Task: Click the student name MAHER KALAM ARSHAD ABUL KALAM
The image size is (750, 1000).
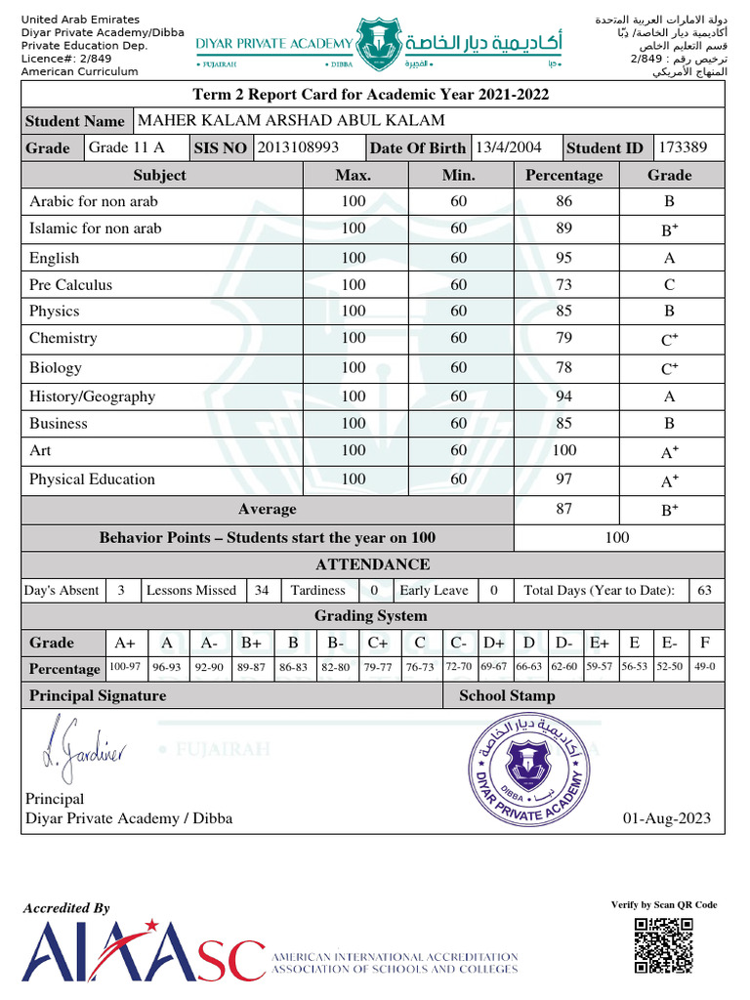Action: (291, 121)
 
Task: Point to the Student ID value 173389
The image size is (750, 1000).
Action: (689, 147)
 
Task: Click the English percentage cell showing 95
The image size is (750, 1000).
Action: (563, 258)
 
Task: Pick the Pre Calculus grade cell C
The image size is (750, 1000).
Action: (669, 285)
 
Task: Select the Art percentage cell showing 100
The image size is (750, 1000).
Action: (563, 450)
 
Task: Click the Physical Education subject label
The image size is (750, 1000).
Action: (92, 479)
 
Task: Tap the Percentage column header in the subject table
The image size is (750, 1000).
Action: (563, 176)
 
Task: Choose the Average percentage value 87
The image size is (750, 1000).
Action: (563, 509)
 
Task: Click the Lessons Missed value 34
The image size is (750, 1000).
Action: (261, 591)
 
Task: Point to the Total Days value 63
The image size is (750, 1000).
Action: (704, 591)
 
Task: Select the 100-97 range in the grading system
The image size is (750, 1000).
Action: (125, 667)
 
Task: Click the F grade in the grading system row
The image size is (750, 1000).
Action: (704, 643)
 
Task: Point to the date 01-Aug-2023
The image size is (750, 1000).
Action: (666, 818)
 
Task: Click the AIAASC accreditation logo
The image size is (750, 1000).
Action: (144, 951)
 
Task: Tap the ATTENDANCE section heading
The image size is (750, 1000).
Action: (372, 564)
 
